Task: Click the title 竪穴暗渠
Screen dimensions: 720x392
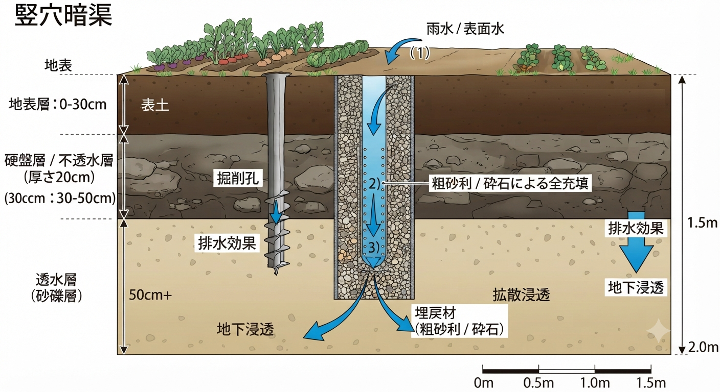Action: point(63,15)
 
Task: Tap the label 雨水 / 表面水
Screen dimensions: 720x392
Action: point(465,29)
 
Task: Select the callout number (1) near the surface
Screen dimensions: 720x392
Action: point(419,53)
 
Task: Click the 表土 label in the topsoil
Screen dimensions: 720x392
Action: point(155,105)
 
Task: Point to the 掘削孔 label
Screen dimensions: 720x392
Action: point(238,178)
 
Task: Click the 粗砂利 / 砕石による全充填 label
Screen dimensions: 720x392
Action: point(510,183)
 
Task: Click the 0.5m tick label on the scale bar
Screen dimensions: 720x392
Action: point(538,383)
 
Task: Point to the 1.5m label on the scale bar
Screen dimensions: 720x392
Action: point(651,383)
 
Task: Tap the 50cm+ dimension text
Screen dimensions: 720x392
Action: point(150,295)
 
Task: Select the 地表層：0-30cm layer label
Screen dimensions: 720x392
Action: point(58,105)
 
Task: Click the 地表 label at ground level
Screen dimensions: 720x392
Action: point(58,65)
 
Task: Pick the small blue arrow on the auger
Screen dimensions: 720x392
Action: point(276,211)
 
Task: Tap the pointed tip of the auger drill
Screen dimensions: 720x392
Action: point(276,274)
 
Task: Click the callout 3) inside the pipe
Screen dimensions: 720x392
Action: point(373,248)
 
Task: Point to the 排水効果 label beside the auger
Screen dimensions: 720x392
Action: point(227,243)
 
